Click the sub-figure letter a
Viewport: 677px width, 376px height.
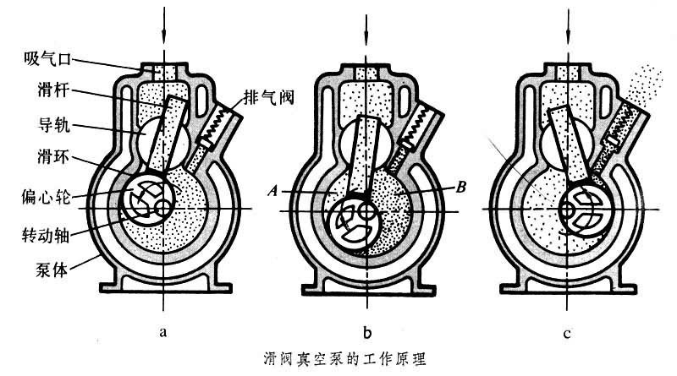pos(162,330)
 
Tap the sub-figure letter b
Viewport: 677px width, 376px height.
pos(366,330)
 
